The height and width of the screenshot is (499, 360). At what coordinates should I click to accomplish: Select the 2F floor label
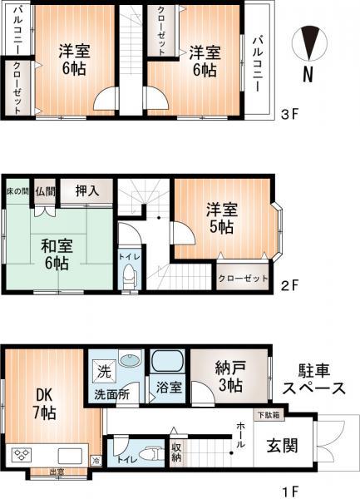tap(288, 284)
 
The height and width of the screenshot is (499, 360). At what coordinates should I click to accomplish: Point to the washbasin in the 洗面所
tap(129, 361)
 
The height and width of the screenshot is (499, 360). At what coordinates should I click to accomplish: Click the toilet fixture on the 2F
tap(128, 280)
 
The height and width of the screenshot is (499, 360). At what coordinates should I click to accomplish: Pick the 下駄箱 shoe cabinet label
tap(268, 413)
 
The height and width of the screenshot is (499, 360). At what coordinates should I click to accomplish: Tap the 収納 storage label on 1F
tap(177, 453)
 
